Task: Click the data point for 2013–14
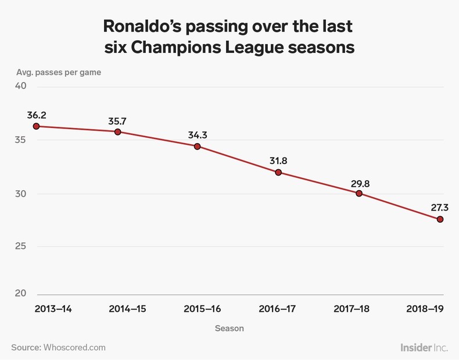(x=36, y=126)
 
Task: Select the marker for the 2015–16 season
(x=198, y=147)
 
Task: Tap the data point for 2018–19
(x=440, y=219)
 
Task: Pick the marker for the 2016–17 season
(x=278, y=172)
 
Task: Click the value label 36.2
(x=36, y=115)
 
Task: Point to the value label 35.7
(x=117, y=122)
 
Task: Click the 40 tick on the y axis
(x=20, y=86)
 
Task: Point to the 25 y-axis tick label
(x=20, y=246)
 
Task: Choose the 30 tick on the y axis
(x=20, y=194)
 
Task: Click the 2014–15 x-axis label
(x=127, y=309)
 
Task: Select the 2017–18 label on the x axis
(x=353, y=309)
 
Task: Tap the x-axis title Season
(x=229, y=328)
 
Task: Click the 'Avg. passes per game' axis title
(x=58, y=73)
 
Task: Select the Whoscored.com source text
(x=74, y=347)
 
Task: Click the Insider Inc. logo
(x=424, y=347)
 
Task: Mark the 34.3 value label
(x=198, y=135)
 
